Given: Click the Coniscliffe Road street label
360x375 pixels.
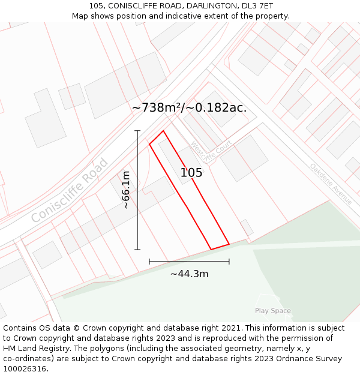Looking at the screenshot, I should pyautogui.click(x=70, y=190).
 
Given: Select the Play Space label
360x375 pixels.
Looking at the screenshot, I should pyautogui.click(x=272, y=311).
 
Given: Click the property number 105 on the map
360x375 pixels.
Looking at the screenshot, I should pyautogui.click(x=191, y=173).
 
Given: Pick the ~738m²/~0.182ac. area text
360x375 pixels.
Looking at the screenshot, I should pyautogui.click(x=189, y=108).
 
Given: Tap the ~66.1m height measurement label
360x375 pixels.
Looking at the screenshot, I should pyautogui.click(x=125, y=190).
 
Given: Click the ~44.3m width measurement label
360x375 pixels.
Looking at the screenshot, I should pyautogui.click(x=189, y=274).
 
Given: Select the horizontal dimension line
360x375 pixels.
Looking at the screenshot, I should pyautogui.click(x=189, y=262).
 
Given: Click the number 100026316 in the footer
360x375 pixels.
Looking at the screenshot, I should pyautogui.click(x=25, y=369).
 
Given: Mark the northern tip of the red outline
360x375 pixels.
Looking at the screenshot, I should pyautogui.click(x=163, y=131).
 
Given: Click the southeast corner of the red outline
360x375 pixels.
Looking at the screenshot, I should pyautogui.click(x=229, y=244).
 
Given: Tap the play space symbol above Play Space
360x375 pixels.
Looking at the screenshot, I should pyautogui.click(x=267, y=299).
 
